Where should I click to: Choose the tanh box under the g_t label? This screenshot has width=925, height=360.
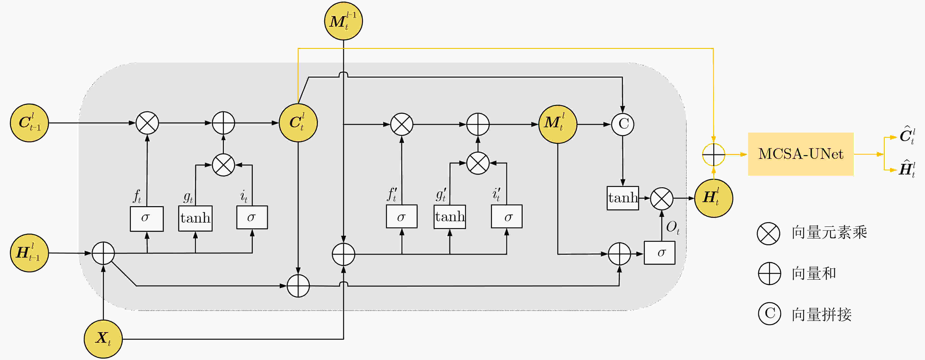click(195, 218)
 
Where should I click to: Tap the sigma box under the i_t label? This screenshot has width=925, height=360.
click(252, 217)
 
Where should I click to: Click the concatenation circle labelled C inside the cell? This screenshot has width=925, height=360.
click(623, 124)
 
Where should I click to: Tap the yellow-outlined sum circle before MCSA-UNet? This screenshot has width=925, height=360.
click(714, 154)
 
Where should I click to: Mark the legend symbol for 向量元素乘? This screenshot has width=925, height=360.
click(768, 234)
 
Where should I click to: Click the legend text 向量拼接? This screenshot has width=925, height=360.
click(822, 314)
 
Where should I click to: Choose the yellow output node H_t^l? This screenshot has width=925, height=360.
click(714, 198)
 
